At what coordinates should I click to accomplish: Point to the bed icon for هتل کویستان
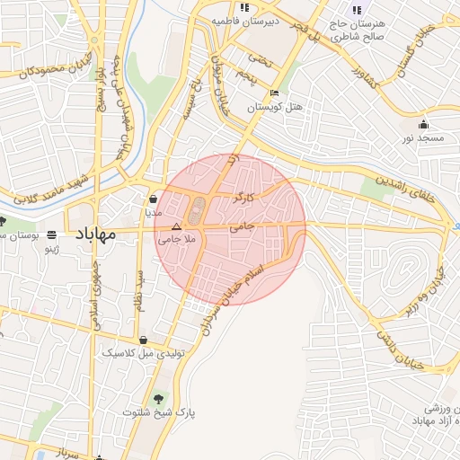pyautogui.click(x=274, y=93)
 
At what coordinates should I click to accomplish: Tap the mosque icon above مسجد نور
pyautogui.click(x=423, y=124)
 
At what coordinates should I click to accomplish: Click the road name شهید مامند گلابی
pyautogui.click(x=49, y=188)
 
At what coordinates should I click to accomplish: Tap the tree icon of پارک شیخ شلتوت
pyautogui.click(x=159, y=397)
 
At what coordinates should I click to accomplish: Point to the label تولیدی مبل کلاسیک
pyautogui.click(x=146, y=353)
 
